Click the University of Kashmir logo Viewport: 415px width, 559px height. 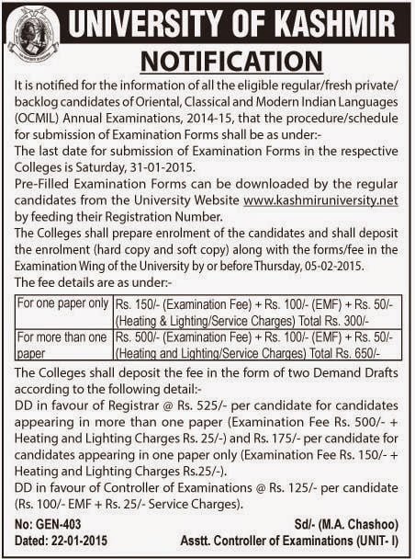[33, 32]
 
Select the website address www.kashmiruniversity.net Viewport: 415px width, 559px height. [321, 200]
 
